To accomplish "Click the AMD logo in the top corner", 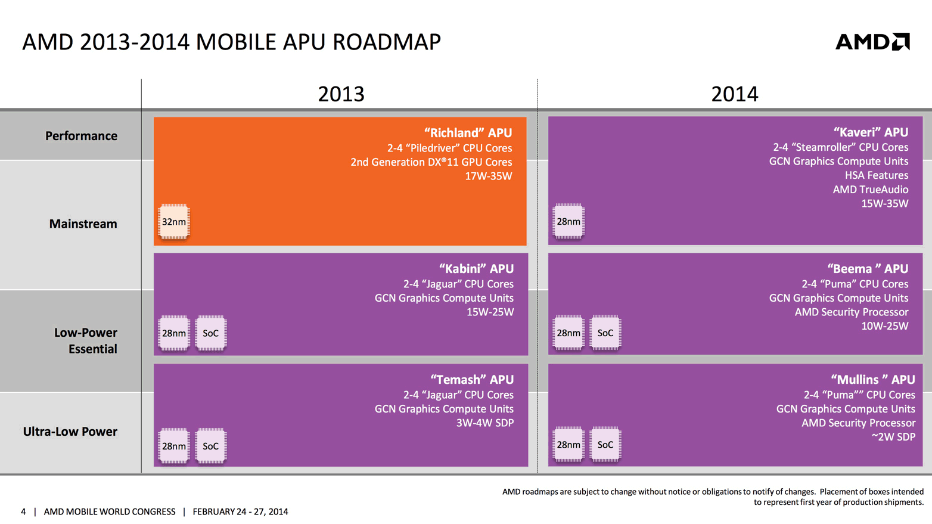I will click(872, 42).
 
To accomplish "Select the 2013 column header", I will click(341, 94).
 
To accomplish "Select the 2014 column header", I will click(734, 94).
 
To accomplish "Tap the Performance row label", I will click(81, 136).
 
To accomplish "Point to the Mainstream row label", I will click(83, 224).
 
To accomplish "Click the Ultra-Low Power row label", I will click(70, 432).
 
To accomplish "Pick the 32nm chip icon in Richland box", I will click(174, 222).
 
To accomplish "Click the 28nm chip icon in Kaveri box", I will click(568, 222).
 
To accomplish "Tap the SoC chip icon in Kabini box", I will click(211, 333).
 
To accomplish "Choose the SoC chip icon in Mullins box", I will click(605, 445).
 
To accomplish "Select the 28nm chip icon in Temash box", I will click(174, 446).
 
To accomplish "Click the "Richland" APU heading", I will click(468, 133).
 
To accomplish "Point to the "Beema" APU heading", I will click(868, 269).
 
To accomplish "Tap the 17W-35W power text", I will click(488, 176).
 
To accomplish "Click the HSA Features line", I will click(876, 175).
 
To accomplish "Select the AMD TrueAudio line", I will click(870, 190).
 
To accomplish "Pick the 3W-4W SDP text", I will click(484, 423).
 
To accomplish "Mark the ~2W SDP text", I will click(893, 437).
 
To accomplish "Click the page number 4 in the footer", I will click(23, 511).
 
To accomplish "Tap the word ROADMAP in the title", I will click(386, 42).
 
